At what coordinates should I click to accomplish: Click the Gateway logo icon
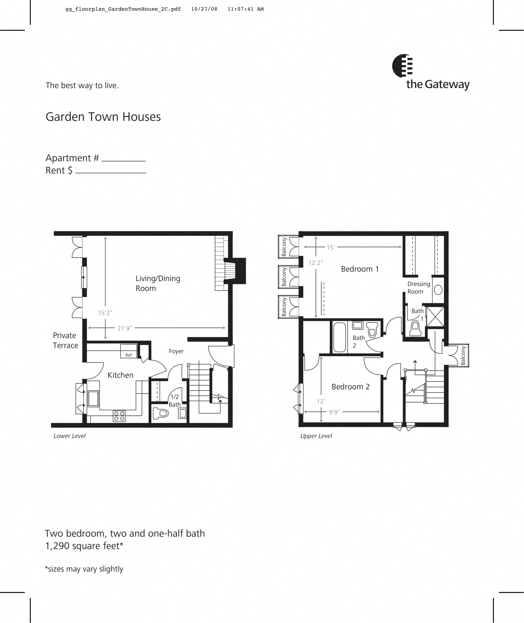pyautogui.click(x=402, y=66)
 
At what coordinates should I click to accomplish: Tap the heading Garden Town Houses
pyautogui.click(x=103, y=117)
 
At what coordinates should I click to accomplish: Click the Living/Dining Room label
pyautogui.click(x=157, y=283)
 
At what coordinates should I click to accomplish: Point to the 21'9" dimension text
pyautogui.click(x=124, y=328)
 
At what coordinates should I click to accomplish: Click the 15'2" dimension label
pyautogui.click(x=105, y=312)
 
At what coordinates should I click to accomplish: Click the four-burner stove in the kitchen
pyautogui.click(x=119, y=416)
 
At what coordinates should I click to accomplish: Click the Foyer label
pyautogui.click(x=176, y=351)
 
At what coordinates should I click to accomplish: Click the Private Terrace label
pyautogui.click(x=65, y=340)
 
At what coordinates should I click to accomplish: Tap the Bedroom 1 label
pyautogui.click(x=360, y=269)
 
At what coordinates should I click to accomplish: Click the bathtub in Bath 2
pyautogui.click(x=339, y=337)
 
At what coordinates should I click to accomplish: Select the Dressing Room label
pyautogui.click(x=418, y=288)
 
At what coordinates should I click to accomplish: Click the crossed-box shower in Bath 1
pyautogui.click(x=435, y=316)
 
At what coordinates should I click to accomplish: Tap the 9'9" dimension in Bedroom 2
pyautogui.click(x=334, y=412)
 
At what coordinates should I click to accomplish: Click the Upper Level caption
pyautogui.click(x=316, y=436)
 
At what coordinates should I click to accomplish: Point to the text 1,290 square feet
pyautogui.click(x=84, y=546)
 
